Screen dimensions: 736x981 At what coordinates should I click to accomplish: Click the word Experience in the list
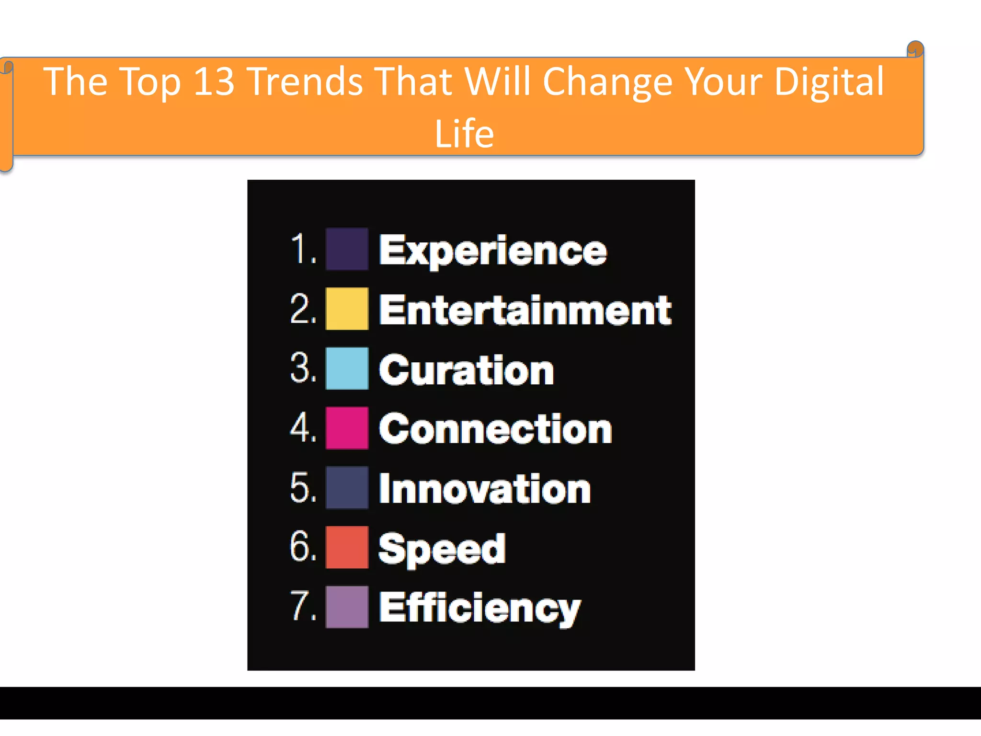click(x=492, y=251)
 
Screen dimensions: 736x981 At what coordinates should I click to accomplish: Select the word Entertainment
click(x=525, y=310)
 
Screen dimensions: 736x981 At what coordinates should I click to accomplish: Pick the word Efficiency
click(x=479, y=608)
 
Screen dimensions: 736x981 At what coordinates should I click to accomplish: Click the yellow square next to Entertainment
click(x=347, y=309)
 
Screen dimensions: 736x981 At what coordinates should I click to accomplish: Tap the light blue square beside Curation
click(x=347, y=368)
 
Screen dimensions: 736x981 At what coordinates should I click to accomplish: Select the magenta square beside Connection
click(x=347, y=428)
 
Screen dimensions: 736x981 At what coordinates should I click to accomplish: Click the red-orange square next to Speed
click(x=347, y=547)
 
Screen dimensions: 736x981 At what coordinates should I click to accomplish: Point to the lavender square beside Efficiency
click(x=347, y=606)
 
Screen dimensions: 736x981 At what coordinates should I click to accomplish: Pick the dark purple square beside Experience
click(x=347, y=249)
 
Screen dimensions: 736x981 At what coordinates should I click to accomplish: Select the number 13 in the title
click(x=214, y=81)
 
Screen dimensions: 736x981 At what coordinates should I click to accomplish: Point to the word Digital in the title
click(x=829, y=81)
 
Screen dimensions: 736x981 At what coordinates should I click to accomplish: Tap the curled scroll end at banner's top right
click(x=915, y=49)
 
